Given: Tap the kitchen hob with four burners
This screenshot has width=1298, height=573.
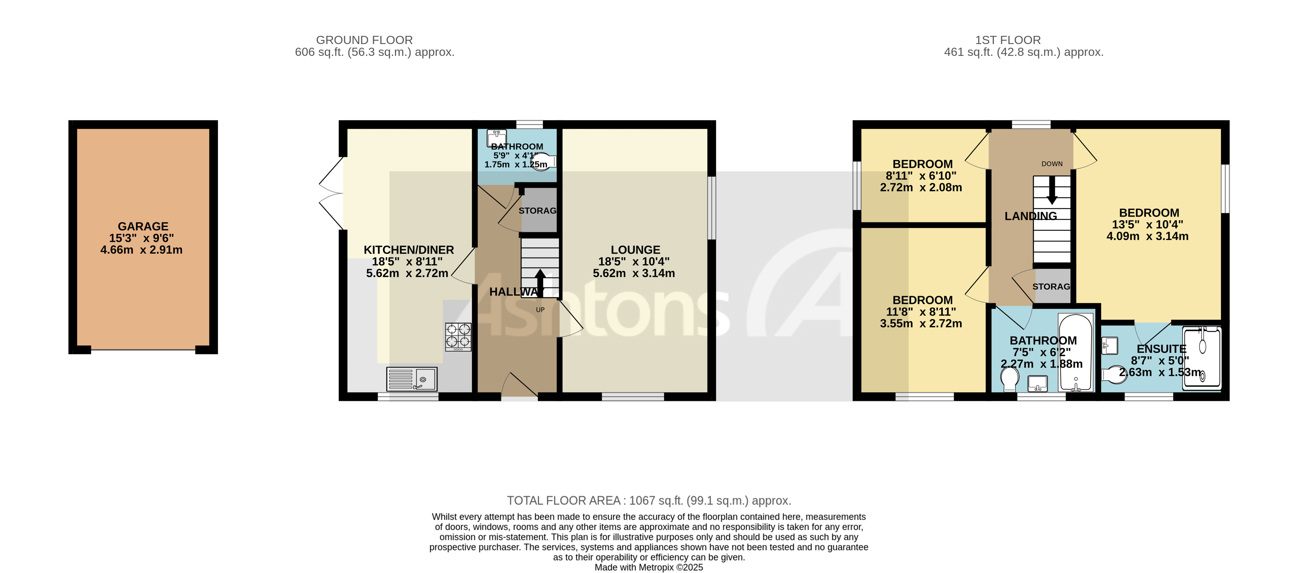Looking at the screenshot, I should (458, 336).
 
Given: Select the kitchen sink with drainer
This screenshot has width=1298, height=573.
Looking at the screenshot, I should (412, 379).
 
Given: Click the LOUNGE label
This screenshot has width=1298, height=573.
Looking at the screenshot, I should (635, 250).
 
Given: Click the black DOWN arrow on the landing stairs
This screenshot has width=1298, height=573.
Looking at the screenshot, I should (1052, 191).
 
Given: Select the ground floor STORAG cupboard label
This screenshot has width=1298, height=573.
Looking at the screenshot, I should (537, 211).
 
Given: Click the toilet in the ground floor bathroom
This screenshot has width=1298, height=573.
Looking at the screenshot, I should (543, 162).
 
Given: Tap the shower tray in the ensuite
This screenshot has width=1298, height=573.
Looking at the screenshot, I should (1202, 359).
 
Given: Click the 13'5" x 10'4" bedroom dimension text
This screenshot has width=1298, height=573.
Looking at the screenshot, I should (1148, 225).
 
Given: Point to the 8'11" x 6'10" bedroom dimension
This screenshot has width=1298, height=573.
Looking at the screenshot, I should (921, 176).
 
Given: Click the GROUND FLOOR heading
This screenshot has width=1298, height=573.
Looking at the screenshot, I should (364, 40).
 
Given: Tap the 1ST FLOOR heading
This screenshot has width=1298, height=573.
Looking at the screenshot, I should (1008, 40).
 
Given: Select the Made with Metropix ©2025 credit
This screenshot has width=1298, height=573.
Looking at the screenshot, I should (648, 567).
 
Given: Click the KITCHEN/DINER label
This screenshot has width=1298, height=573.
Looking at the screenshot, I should (409, 250).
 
